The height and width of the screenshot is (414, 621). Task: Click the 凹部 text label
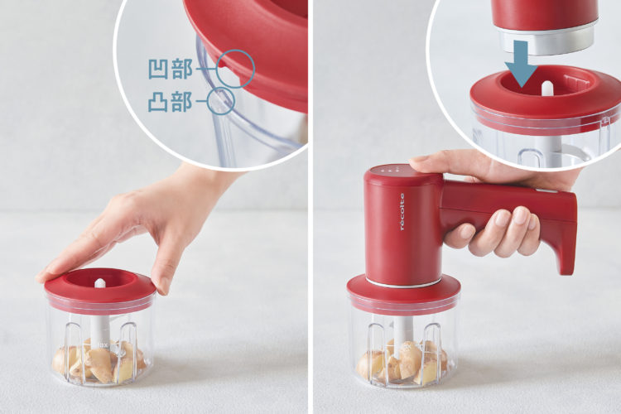(171, 69)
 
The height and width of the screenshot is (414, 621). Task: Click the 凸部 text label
(171, 102)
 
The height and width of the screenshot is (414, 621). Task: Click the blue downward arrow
(521, 64)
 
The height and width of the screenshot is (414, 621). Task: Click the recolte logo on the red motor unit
(402, 212)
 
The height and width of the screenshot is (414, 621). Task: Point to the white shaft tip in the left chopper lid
(100, 283)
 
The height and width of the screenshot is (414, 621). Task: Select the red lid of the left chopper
(100, 288)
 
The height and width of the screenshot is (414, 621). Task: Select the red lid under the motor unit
(403, 293)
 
